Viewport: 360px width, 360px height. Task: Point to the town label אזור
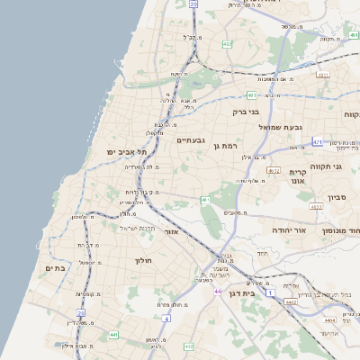(x=171, y=232)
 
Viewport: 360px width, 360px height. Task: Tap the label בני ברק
(x=246, y=112)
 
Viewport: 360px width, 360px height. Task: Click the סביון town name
(x=338, y=196)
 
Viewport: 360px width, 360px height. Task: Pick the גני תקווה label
(x=335, y=166)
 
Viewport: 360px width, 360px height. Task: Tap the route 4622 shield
(x=316, y=207)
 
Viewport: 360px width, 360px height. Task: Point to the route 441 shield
(x=113, y=335)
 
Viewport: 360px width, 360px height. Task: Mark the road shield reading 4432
(x=292, y=302)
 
